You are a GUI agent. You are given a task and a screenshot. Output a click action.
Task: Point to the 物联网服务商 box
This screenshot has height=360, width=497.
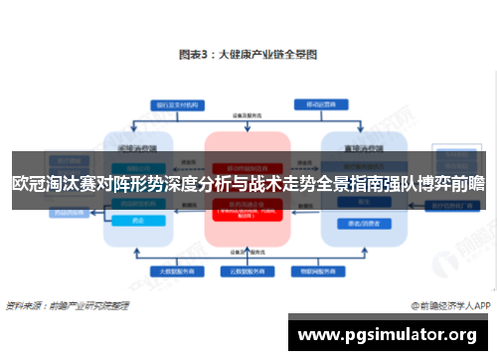coord(317,270)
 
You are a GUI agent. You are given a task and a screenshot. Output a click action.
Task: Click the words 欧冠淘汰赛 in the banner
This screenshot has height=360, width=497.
coord(55,182)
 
